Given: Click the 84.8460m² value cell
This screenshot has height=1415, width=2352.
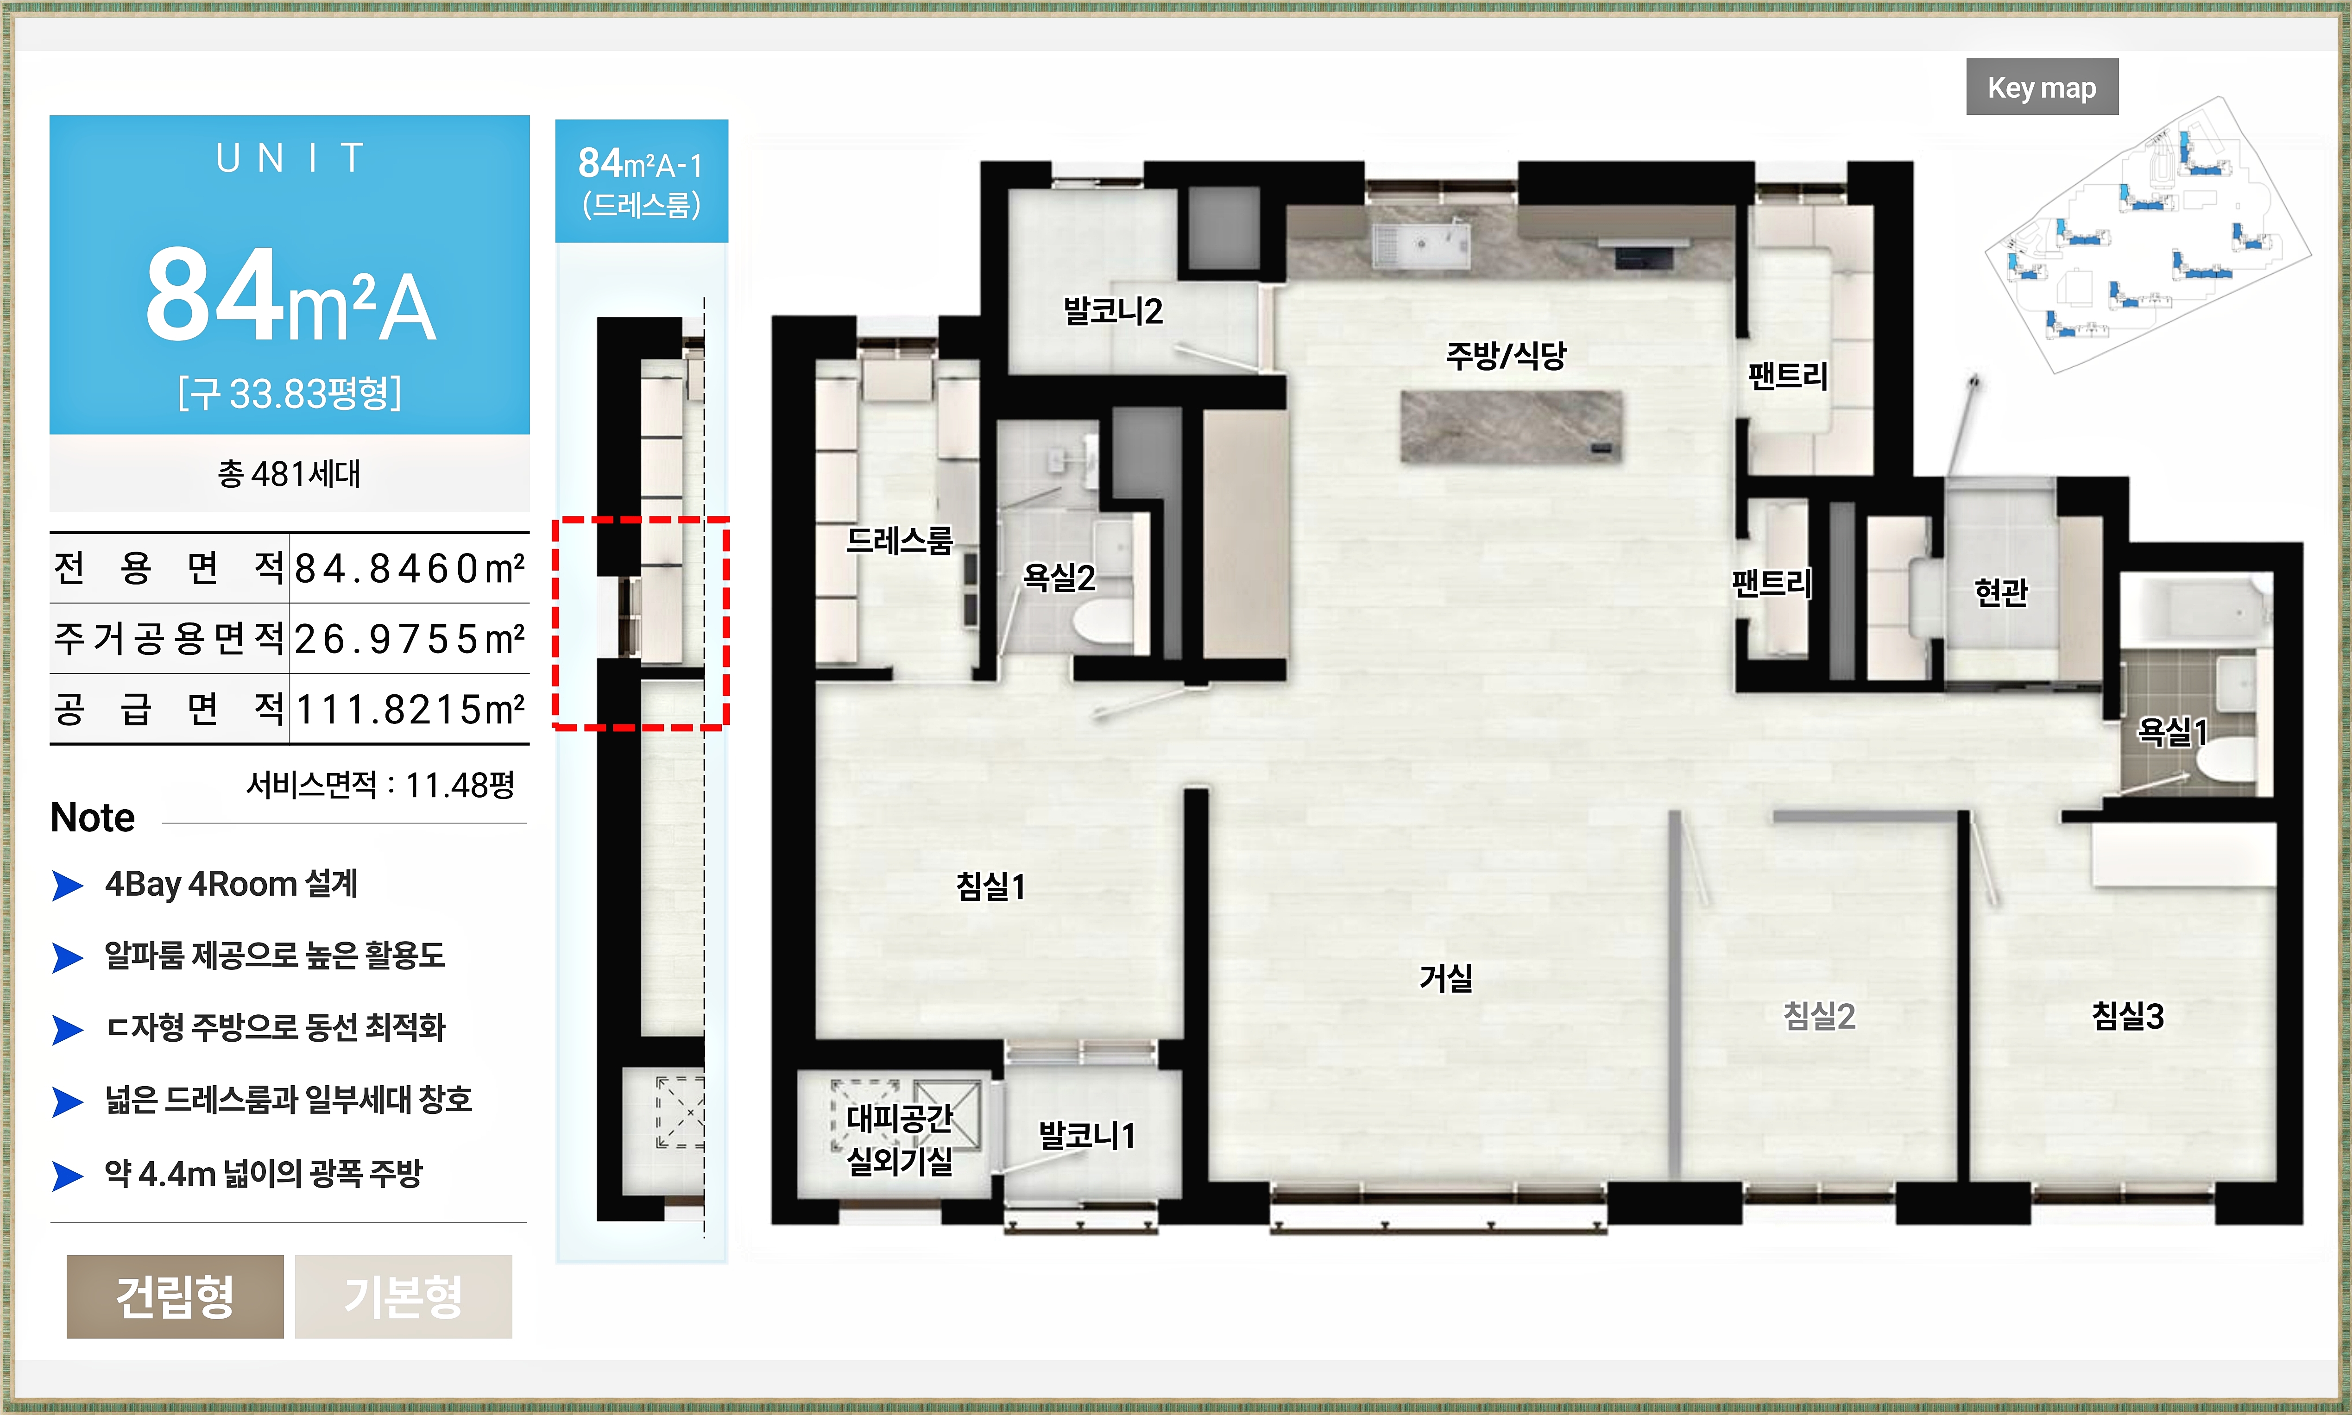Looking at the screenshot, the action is pos(409,568).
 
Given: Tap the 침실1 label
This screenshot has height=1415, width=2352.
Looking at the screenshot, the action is pos(990,887).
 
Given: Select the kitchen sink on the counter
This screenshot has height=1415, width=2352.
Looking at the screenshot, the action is pos(1420,244).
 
